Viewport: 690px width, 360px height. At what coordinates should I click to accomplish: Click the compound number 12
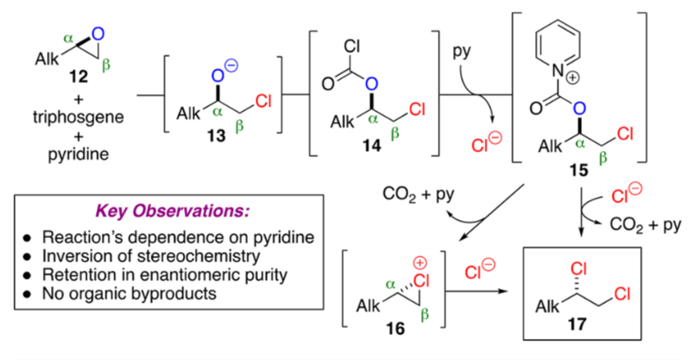(79, 79)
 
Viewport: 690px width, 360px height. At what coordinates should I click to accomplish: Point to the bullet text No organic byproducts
(131, 294)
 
